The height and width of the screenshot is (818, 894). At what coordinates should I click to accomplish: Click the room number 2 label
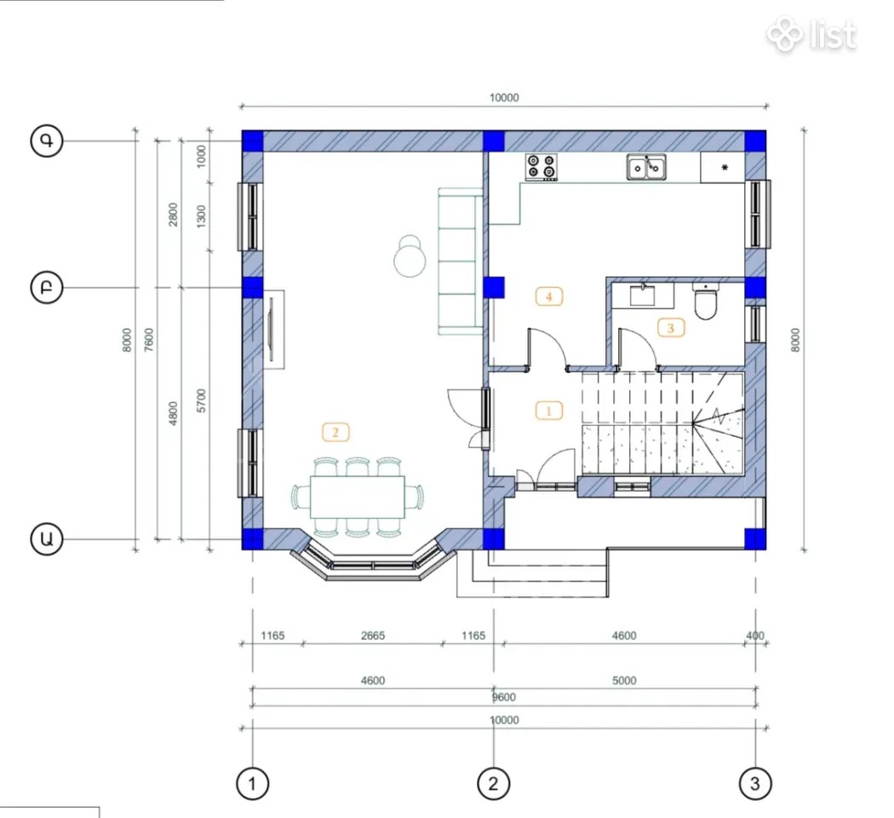[x=335, y=432]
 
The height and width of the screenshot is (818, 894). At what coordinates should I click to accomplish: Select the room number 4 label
[x=548, y=297]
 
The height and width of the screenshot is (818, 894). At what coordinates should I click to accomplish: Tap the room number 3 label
[x=671, y=328]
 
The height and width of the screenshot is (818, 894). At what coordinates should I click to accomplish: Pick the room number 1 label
[x=548, y=410]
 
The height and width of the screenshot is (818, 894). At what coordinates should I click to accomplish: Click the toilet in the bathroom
[x=705, y=301]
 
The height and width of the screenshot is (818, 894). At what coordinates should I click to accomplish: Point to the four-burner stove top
[x=541, y=166]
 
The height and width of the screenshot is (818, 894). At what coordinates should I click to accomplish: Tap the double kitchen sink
[x=646, y=167]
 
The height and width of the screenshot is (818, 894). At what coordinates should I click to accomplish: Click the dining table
[x=358, y=497]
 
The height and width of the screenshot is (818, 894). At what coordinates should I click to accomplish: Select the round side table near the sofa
[x=410, y=258]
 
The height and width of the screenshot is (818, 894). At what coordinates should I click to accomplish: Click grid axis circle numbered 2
[x=493, y=783]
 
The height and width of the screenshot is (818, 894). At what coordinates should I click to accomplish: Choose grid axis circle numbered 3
[x=755, y=783]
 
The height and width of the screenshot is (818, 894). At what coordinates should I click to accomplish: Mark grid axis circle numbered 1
[x=253, y=783]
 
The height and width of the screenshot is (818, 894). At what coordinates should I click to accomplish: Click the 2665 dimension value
[x=373, y=636]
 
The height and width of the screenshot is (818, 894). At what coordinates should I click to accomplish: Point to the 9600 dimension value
[x=504, y=697]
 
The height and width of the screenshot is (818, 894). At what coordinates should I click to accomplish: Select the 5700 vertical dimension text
[x=201, y=400]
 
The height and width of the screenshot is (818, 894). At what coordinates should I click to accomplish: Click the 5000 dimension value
[x=624, y=681]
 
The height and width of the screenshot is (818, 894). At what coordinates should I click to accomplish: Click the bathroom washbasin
[x=643, y=295]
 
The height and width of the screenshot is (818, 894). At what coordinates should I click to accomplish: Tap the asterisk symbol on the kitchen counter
[x=724, y=168]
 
